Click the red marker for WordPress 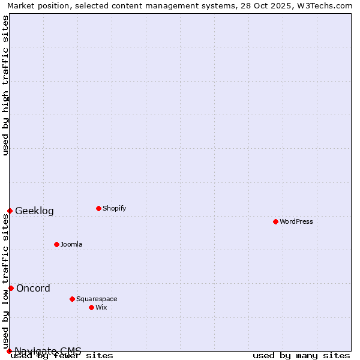pos(275,221)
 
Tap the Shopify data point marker pos(98,208)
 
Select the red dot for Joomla pos(56,244)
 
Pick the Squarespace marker pos(72,299)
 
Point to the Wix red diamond pos(91,307)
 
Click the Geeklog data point pos(10,211)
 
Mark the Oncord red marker pos(11,288)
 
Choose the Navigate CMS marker pos(9,351)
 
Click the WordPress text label pos(296,222)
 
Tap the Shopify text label pos(115,209)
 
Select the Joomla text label pos(71,245)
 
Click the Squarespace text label pos(97,299)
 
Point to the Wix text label pos(101,308)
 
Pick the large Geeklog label pos(34,211)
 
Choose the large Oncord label pos(33,289)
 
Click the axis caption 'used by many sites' pos(301,356)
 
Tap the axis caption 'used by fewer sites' pos(62,356)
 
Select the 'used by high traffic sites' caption pos(6,85)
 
